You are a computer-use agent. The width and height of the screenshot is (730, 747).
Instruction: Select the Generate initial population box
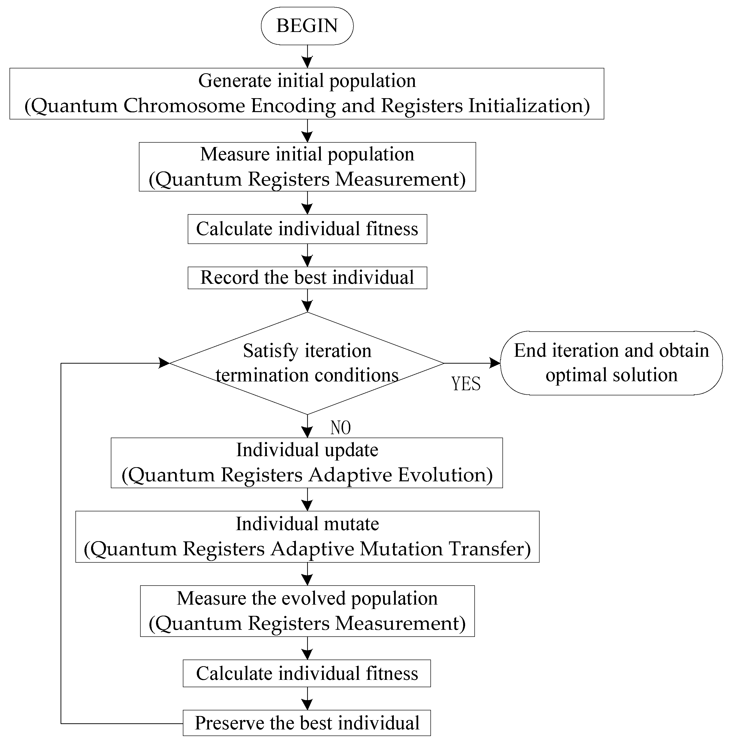tap(307, 94)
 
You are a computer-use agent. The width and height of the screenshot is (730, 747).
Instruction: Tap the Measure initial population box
tap(307, 167)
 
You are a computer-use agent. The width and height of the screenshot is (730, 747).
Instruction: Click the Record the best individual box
tap(307, 278)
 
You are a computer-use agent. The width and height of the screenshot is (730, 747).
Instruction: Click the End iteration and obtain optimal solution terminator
tap(611, 363)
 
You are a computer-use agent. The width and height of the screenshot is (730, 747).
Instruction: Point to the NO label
tap(340, 428)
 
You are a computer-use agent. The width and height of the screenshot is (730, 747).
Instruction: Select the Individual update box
tap(307, 463)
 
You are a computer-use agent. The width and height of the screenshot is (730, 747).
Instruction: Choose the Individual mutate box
tap(307, 537)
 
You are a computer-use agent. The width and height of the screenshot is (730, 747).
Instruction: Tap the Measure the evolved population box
tap(307, 611)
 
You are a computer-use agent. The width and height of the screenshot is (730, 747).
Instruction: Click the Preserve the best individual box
tap(307, 723)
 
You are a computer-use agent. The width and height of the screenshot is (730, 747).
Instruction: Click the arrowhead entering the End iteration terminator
tap(495, 363)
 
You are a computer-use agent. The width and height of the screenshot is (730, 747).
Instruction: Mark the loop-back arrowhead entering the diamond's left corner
tap(164, 363)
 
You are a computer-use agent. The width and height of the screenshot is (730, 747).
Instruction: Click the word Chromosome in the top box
tap(184, 106)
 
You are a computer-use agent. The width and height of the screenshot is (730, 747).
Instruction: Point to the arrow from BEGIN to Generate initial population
tap(307, 56)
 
